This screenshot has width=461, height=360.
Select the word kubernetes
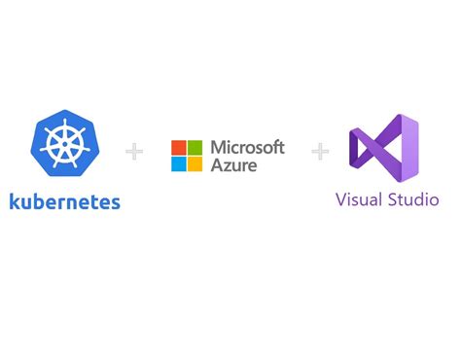[x=65, y=202]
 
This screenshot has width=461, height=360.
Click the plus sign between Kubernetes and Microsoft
[x=134, y=152]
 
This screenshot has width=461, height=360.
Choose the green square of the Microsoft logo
[x=196, y=148]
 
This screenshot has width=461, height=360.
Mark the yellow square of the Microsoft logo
[x=196, y=162]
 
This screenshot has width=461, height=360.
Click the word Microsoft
[x=246, y=147]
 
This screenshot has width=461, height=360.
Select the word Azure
[x=231, y=165]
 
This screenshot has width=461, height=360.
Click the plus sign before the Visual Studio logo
[x=320, y=152]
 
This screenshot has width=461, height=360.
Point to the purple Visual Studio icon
[x=385, y=150]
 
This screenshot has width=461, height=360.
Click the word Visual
[x=358, y=200]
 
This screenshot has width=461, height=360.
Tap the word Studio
[x=412, y=200]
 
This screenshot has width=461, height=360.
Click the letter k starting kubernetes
[x=14, y=202]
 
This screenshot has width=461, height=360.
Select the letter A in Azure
[x=215, y=165]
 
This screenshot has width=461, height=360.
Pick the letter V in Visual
[x=341, y=200]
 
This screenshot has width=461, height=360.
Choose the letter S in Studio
[x=391, y=200]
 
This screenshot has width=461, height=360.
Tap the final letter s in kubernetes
[x=117, y=203]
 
